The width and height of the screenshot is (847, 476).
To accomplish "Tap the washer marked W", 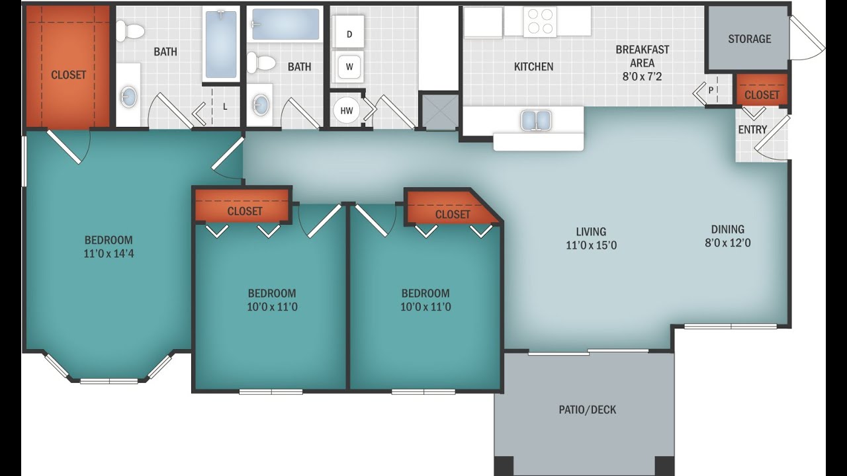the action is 348,67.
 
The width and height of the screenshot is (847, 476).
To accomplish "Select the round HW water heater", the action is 346,110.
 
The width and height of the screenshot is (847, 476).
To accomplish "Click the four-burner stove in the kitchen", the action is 540,21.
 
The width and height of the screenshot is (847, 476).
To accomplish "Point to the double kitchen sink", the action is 535,120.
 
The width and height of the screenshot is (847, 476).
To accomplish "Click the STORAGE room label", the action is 750,39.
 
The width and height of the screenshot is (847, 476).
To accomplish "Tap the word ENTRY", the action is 752,130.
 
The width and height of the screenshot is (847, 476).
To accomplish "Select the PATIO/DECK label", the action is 587,409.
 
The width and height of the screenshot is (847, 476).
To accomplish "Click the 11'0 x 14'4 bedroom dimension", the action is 109,253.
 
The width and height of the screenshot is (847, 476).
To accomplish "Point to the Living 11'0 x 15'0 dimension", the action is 592,245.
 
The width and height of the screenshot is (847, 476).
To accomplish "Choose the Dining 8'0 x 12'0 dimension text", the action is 728,243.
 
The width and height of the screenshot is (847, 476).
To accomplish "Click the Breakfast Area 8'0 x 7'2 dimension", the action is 643,77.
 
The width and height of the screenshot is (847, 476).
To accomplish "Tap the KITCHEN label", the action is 533,67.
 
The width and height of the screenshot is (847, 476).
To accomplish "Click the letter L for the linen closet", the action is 225,107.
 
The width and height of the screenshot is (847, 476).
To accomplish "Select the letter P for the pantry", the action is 711,91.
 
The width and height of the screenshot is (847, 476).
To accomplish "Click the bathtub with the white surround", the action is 221,44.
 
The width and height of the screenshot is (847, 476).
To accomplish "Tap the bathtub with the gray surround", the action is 285,24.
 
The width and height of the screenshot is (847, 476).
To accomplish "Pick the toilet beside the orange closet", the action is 130,31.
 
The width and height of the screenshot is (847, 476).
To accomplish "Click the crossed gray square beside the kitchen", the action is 440,112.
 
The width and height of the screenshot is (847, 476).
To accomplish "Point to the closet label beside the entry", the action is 762,95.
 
